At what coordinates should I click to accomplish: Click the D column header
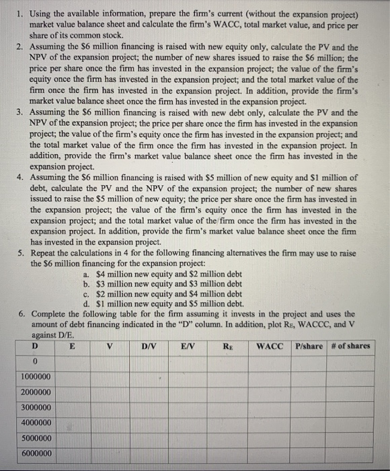pos(34,346)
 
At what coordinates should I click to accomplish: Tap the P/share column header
pos(309,346)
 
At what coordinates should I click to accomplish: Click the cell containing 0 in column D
pos(34,361)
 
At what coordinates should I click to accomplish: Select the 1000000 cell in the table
pos(34,377)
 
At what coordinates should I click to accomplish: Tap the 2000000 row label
pos(34,392)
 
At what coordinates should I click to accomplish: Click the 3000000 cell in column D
pos(34,408)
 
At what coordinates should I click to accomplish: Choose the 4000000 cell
pos(34,423)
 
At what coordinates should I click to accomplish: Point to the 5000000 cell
pos(34,439)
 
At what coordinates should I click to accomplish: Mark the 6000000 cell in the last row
pos(34,454)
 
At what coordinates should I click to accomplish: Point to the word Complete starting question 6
pos(51,314)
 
